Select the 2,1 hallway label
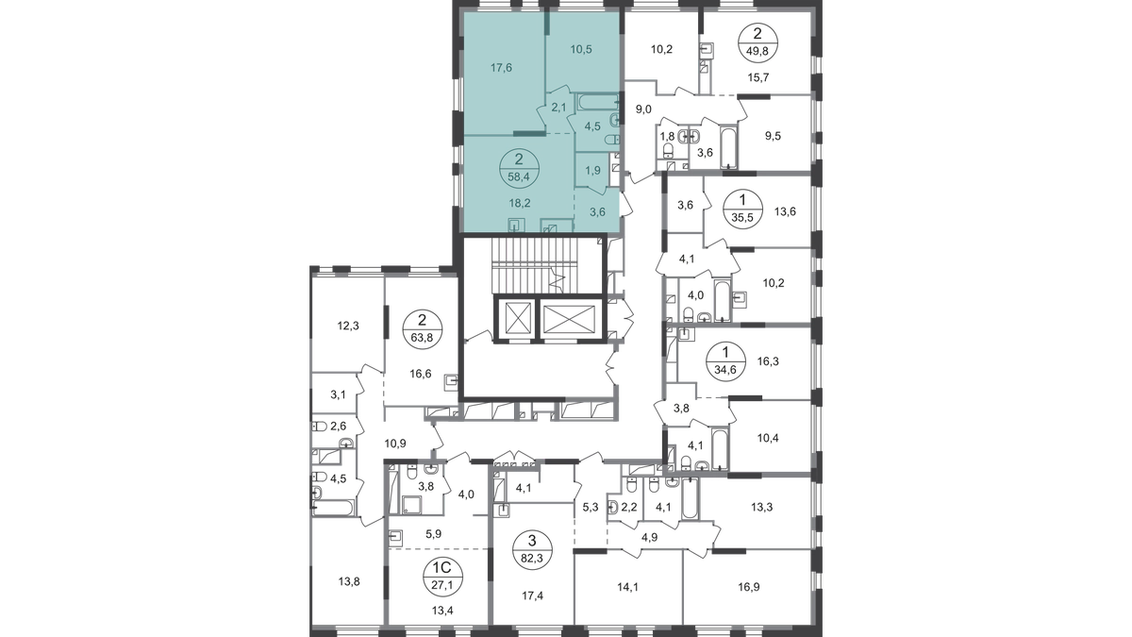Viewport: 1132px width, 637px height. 559,106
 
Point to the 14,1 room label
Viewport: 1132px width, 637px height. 628,587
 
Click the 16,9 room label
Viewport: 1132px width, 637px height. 749,587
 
